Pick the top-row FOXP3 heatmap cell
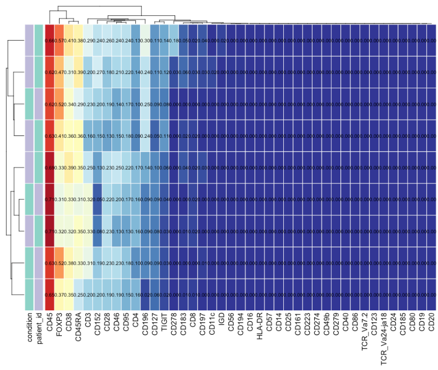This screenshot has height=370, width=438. pyautogui.click(x=60, y=40)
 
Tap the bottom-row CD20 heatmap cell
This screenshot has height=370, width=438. pyautogui.click(x=431, y=295)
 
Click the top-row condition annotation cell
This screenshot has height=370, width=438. pyautogui.click(x=29, y=40)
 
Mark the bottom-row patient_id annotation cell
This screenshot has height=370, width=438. pyautogui.click(x=39, y=295)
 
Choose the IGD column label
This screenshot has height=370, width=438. pyautogui.click(x=221, y=319)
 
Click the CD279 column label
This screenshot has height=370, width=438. pyautogui.click(x=336, y=323)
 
